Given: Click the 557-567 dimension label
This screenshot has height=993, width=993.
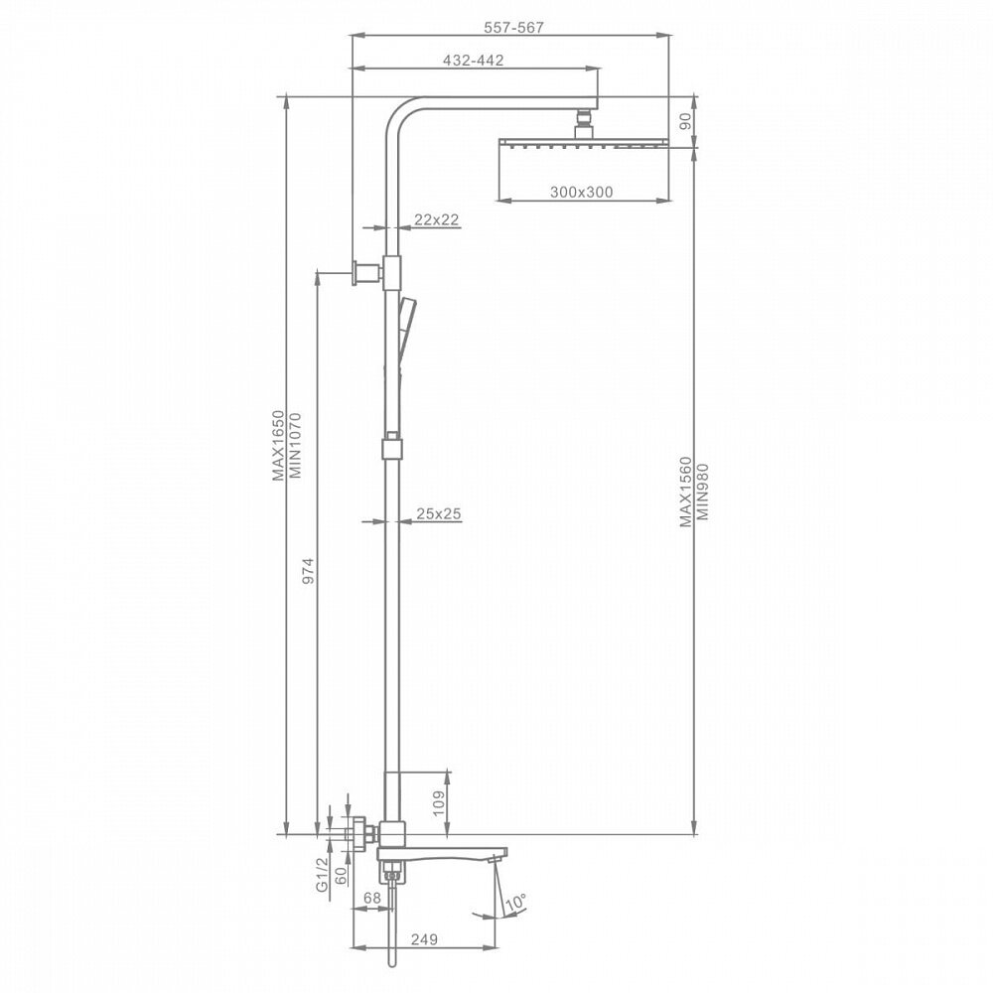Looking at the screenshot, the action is [513, 28].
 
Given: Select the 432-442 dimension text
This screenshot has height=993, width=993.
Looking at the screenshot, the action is [474, 61].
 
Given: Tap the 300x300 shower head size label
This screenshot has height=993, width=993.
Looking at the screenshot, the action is [581, 192].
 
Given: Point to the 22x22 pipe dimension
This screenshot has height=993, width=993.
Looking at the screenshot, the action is [436, 219].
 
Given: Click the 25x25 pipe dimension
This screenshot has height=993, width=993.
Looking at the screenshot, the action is [439, 513].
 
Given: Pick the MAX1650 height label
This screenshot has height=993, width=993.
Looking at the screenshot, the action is [279, 446].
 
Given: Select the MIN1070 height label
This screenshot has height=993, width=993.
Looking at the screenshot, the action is [295, 446].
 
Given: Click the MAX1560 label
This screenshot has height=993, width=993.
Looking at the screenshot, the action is [685, 492].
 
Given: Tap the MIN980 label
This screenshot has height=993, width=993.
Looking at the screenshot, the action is [702, 492].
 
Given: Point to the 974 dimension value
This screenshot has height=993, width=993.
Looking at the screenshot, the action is [308, 571].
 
